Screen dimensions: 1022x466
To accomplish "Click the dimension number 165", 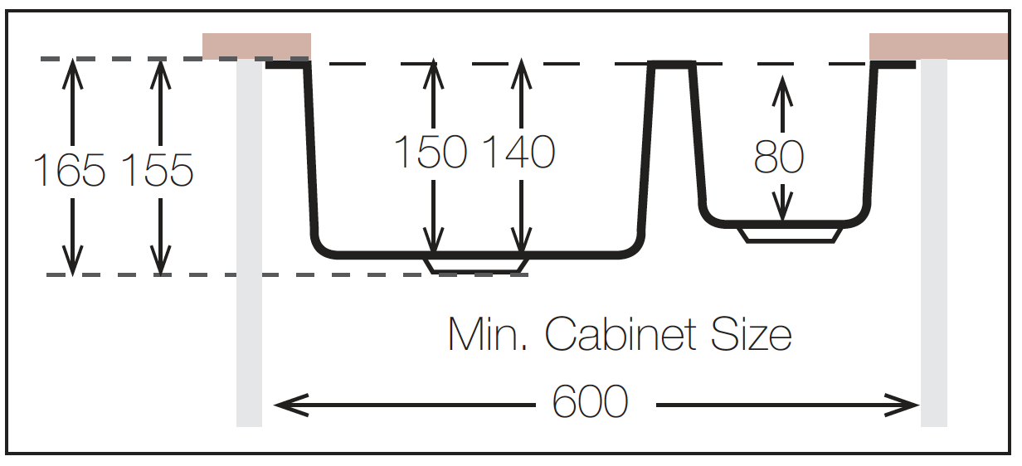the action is [x=70, y=170].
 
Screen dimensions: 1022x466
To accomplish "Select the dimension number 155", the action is [x=158, y=170].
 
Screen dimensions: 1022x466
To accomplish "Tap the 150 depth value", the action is [x=431, y=152].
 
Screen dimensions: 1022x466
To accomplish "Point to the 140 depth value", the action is [x=518, y=152].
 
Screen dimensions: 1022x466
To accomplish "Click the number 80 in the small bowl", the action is [x=779, y=157].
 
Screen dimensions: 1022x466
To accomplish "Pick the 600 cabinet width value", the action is [x=590, y=401].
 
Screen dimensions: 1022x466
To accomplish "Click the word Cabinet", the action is [x=620, y=334].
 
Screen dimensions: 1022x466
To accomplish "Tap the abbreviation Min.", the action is [x=488, y=334].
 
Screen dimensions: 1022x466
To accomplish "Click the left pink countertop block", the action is [x=256, y=46].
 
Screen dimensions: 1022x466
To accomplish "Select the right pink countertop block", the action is [x=938, y=46].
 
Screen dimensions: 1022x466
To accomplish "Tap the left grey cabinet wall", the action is [x=249, y=243].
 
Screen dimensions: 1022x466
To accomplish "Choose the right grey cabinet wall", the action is [x=933, y=243].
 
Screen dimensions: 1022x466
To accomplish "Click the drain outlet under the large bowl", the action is [x=476, y=266].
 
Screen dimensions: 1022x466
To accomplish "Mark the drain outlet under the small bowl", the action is [x=791, y=235].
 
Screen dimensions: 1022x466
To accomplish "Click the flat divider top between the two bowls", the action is [x=672, y=65].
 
